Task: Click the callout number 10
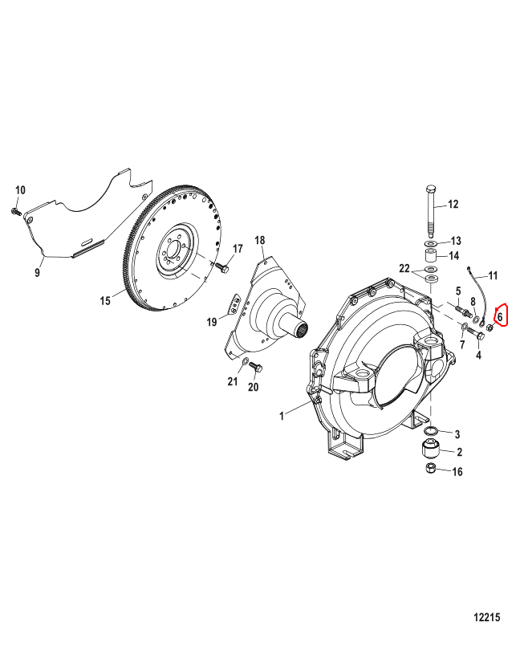pyautogui.click(x=21, y=190)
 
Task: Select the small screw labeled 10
pyautogui.click(x=15, y=211)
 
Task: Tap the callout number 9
pyautogui.click(x=38, y=272)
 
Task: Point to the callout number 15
pyautogui.click(x=105, y=300)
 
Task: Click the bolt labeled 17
pyautogui.click(x=221, y=267)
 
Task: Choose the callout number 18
pyautogui.click(x=260, y=240)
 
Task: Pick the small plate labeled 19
pyautogui.click(x=234, y=305)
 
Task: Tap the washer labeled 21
pyautogui.click(x=246, y=361)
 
